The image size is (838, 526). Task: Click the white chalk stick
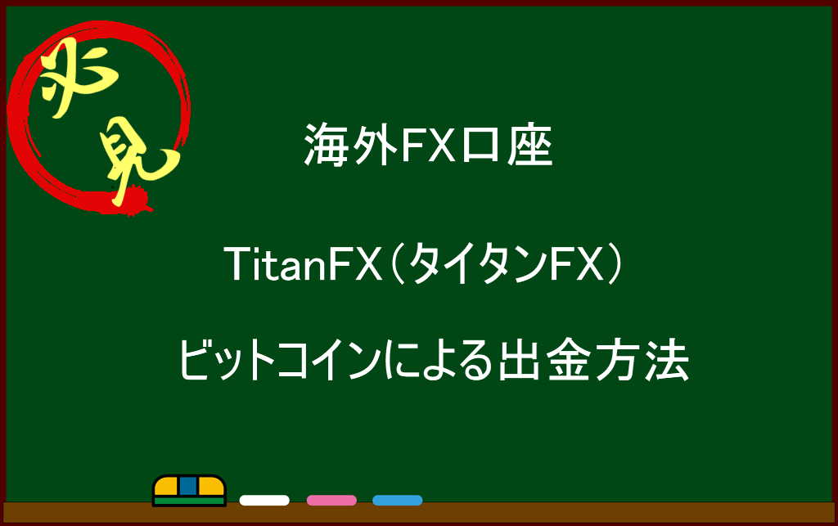click(x=264, y=501)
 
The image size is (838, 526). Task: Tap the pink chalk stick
click(x=331, y=501)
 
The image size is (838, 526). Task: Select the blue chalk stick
click(x=398, y=501)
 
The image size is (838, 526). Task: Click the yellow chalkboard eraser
click(x=189, y=490)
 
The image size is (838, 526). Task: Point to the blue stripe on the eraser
click(x=188, y=486)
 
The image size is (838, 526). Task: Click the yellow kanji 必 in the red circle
click(x=79, y=76)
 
